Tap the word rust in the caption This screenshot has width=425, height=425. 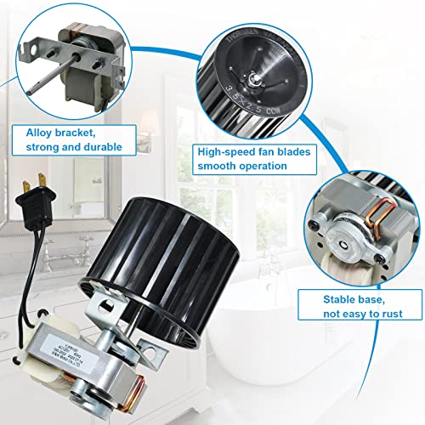pos(396,314)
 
